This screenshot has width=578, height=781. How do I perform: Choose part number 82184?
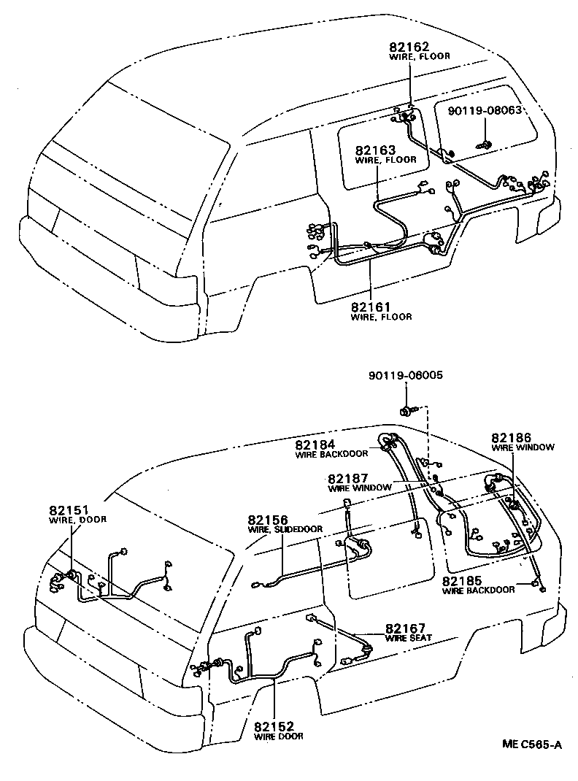pyautogui.click(x=315, y=444)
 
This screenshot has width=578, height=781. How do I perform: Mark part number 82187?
pyautogui.click(x=348, y=478)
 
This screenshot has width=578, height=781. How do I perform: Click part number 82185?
pyautogui.click(x=463, y=582)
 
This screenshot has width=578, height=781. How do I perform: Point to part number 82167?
pyautogui.click(x=406, y=628)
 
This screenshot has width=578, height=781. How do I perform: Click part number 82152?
pyautogui.click(x=274, y=726)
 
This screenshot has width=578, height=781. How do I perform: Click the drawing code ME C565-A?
pyautogui.click(x=531, y=745)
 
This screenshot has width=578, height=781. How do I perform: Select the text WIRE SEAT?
pyautogui.click(x=409, y=638)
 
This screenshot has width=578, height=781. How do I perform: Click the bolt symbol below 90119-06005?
pyautogui.click(x=406, y=412)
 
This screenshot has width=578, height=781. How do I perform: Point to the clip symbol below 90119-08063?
pyautogui.click(x=484, y=144)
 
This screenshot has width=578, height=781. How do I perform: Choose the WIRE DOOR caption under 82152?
pyautogui.click(x=278, y=736)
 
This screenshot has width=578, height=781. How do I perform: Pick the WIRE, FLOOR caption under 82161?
pyautogui.click(x=381, y=317)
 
